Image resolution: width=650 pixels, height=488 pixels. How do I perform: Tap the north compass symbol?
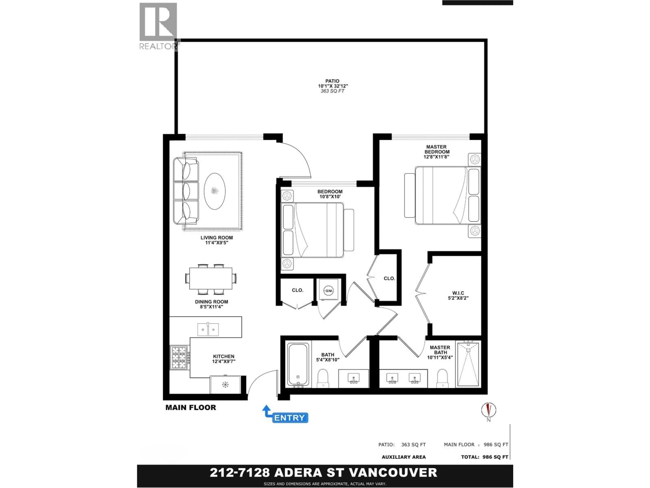click(488, 410)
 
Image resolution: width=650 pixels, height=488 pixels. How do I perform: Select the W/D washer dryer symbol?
click(329, 291)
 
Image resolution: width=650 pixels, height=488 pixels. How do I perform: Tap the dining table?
click(211, 278)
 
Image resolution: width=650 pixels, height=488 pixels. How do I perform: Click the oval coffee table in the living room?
click(215, 191)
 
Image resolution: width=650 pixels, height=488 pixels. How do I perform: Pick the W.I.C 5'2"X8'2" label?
click(458, 295)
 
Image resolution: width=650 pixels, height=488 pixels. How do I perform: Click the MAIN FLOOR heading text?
click(191, 407)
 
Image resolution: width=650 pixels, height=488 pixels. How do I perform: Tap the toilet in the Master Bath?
click(442, 378)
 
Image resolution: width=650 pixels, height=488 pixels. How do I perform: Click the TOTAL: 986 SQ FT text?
click(485, 457)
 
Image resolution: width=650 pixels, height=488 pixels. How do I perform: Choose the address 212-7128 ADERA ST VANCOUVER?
click(323, 472)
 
